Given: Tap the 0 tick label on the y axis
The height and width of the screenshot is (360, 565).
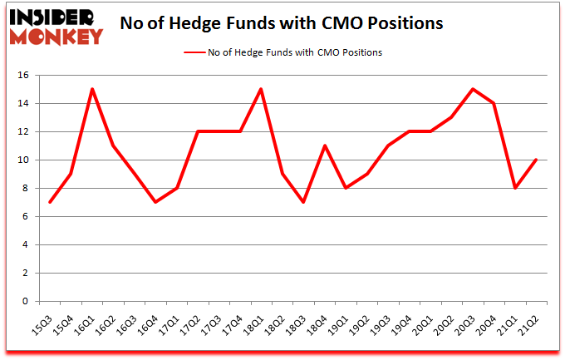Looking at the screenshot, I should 26,302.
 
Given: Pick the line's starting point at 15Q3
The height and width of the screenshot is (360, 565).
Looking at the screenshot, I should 50,202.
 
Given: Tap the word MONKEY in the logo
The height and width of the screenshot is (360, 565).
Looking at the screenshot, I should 56,36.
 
